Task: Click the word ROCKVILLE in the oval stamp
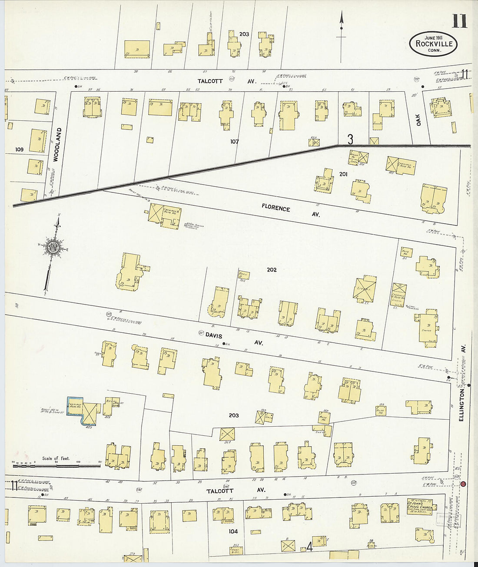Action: click(x=434, y=43)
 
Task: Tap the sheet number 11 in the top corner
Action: click(x=459, y=20)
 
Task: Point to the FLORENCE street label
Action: click(x=276, y=208)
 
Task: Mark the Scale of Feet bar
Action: click(x=56, y=465)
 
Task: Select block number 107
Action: click(x=235, y=141)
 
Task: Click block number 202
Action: click(x=272, y=270)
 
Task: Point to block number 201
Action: click(x=343, y=174)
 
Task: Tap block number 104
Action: click(x=232, y=531)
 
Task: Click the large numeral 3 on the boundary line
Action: click(x=350, y=139)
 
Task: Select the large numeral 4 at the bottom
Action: click(x=309, y=547)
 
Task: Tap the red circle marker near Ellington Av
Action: click(x=463, y=484)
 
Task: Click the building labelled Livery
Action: click(x=364, y=289)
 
